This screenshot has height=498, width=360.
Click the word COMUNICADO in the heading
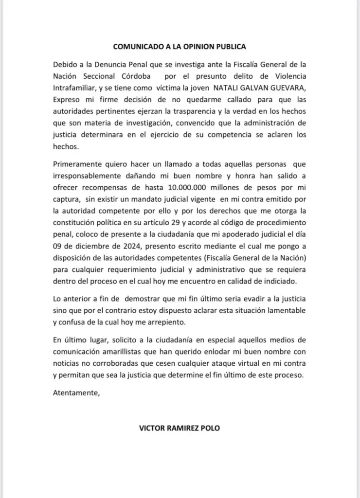[136, 47]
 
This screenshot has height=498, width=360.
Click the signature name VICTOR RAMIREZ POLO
[180, 429]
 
